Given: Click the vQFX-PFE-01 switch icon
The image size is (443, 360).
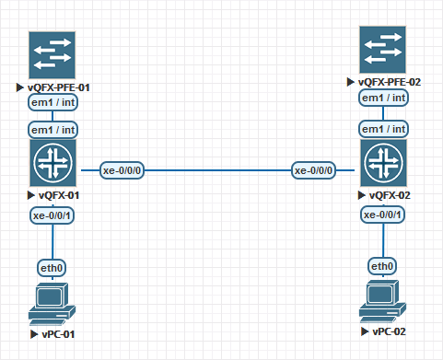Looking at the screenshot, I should pyautogui.click(x=52, y=54).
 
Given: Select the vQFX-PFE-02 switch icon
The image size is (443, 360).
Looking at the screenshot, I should pyautogui.click(x=382, y=49).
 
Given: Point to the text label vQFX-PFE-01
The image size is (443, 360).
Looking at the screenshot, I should pyautogui.click(x=58, y=88).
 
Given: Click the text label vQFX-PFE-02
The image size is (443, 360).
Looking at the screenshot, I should pyautogui.click(x=389, y=82).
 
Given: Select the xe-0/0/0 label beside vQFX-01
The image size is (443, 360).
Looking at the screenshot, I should pyautogui.click(x=122, y=170).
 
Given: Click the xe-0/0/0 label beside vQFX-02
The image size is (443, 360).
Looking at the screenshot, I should pyautogui.click(x=314, y=170).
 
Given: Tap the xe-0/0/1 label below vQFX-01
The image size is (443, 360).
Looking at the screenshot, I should pyautogui.click(x=52, y=215).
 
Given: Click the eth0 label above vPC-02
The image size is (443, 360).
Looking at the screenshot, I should pyautogui.click(x=382, y=266).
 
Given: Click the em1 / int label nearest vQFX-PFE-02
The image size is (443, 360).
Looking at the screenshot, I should pyautogui.click(x=384, y=98).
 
